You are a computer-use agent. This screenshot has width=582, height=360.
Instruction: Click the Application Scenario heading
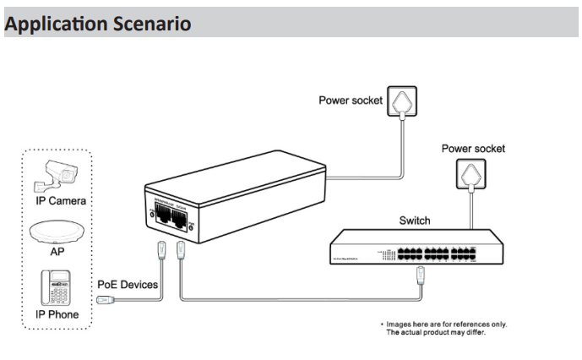98,24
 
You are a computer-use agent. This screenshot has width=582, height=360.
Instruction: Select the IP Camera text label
60,201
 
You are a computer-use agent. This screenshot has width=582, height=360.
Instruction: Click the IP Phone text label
58,314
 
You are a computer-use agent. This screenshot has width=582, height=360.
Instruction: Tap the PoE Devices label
128,285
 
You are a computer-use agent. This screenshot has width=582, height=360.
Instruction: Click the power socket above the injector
402,101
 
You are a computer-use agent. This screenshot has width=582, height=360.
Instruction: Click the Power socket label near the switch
474,149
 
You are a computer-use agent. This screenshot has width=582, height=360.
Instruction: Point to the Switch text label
414,221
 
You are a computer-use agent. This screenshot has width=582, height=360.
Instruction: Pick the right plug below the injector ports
180,250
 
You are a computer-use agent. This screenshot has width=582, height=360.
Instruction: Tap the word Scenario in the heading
151,24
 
